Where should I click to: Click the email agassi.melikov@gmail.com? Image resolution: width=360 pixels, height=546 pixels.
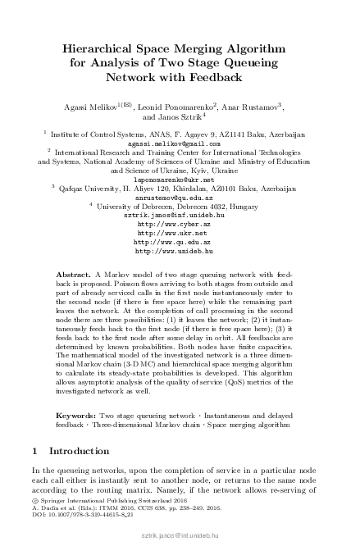coord(179,141)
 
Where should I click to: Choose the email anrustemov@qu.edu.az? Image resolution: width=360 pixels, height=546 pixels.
coord(179,198)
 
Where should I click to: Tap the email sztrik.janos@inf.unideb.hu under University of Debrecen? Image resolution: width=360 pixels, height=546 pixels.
coord(179,215)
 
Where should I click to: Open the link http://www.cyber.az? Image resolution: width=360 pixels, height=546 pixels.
coord(179,224)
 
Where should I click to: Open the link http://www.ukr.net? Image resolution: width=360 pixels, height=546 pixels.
coord(179,233)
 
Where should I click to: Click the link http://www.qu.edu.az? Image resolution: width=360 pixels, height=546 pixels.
coord(179,243)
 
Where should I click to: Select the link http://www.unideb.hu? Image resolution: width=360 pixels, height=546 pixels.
coord(179,252)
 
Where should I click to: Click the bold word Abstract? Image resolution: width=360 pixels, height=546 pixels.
coord(72,271)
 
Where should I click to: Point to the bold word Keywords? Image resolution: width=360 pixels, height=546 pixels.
coord(76,416)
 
